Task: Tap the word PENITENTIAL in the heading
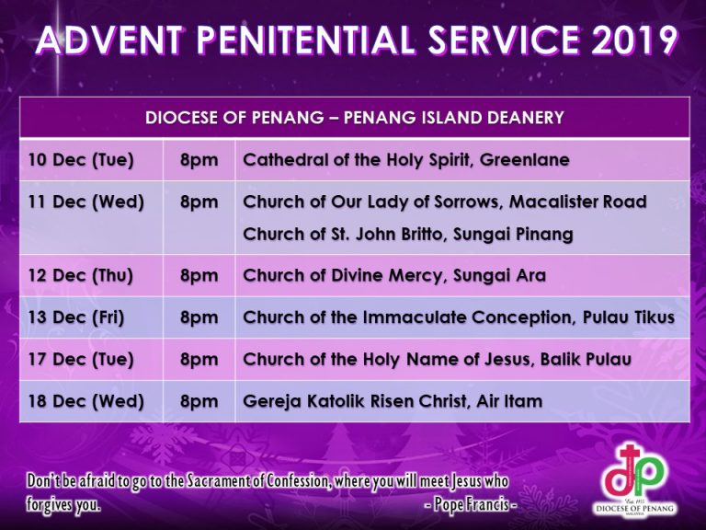[x=305, y=40]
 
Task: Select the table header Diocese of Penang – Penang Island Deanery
[x=354, y=118]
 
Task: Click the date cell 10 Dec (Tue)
[x=81, y=160]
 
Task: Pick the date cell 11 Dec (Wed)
[x=86, y=202]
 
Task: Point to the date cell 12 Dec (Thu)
[x=81, y=276]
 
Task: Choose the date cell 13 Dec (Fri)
[x=76, y=317]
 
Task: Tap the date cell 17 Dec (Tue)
[x=81, y=360]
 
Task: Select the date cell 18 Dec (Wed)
[x=86, y=401]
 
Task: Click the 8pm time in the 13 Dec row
[x=199, y=318]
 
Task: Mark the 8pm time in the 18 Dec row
[x=199, y=402]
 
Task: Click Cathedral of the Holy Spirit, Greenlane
[x=406, y=160]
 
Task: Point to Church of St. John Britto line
[x=408, y=235]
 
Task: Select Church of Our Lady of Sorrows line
[x=445, y=202]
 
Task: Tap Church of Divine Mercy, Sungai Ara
[x=394, y=276]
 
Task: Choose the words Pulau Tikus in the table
[x=629, y=317]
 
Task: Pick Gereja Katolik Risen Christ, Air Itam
[x=393, y=402]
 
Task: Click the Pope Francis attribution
[x=471, y=504]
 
